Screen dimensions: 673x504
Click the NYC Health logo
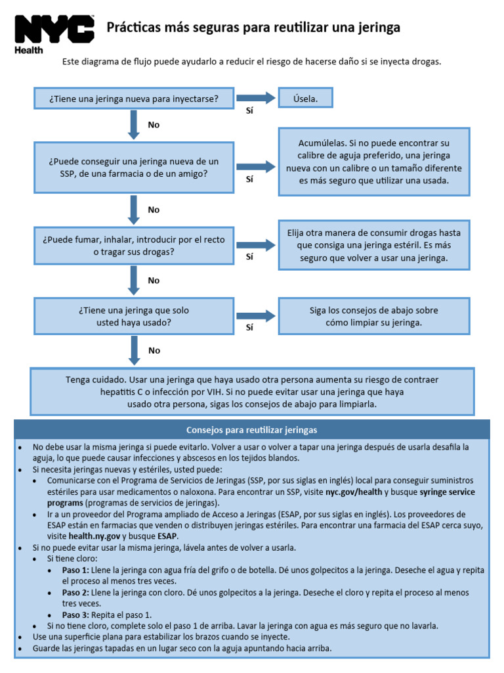tap(54, 34)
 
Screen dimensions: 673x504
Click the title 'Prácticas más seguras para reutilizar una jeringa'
tap(253, 28)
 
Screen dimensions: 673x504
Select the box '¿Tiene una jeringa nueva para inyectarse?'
tap(133, 99)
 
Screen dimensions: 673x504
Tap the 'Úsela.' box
tap(306, 99)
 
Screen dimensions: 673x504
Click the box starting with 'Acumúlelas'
tap(374, 162)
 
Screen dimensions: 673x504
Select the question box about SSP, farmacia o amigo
tap(133, 168)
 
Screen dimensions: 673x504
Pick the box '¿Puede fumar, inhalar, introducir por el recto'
tap(133, 245)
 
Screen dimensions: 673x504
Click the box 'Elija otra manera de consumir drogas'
tap(374, 246)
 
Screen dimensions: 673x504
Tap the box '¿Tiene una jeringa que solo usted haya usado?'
tap(133, 316)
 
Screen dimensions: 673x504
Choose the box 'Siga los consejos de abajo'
tap(374, 316)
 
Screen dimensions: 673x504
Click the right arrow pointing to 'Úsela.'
tap(256, 99)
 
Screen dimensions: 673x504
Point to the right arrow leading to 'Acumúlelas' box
tap(256, 168)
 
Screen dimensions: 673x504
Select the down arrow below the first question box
tap(134, 124)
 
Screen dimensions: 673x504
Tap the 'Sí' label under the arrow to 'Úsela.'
tap(249, 110)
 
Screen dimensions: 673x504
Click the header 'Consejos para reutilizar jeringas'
tap(252, 430)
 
